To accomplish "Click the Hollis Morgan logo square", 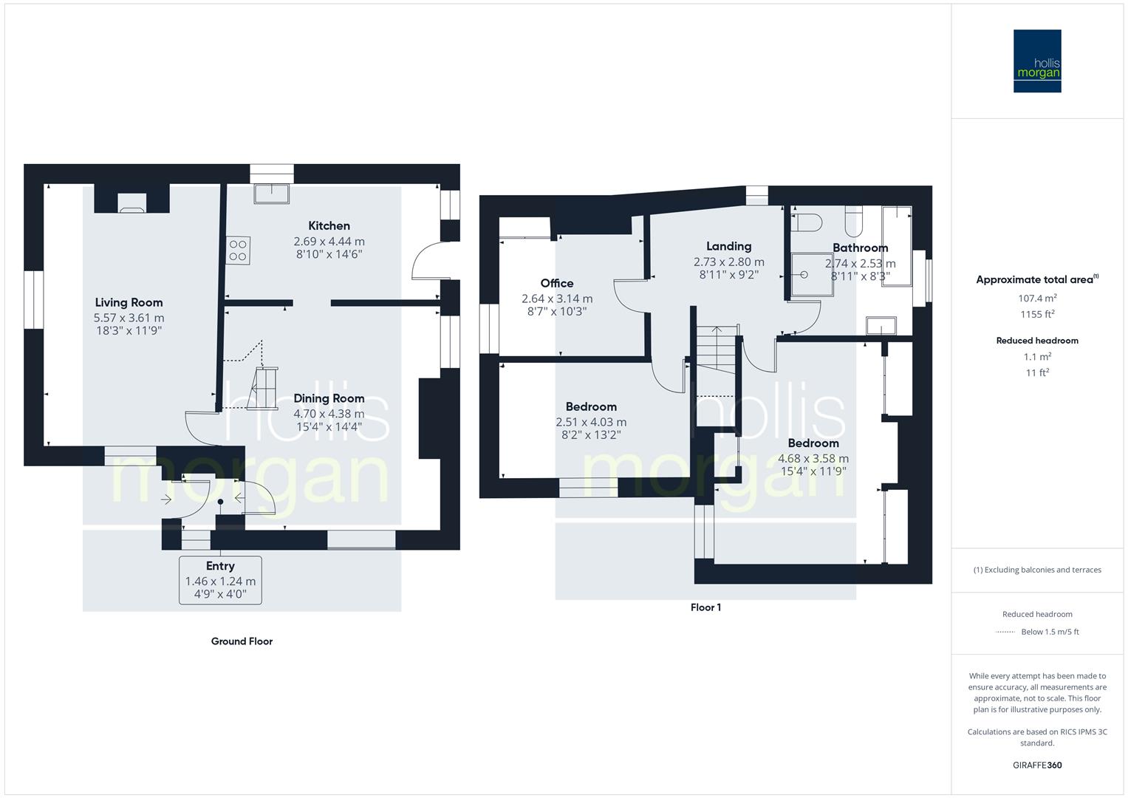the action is coord(1037,61).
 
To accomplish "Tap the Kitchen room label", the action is coord(329,225).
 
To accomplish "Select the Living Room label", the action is coord(129,302).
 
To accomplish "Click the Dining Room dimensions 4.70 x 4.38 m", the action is coord(329,414).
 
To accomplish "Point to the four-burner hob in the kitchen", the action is coord(238,250).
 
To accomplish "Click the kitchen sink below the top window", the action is coord(271,194).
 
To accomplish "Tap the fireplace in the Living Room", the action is coord(132,202).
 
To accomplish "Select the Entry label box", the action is coord(220,580).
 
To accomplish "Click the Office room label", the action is coord(557,283).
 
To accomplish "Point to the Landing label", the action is coord(728,246).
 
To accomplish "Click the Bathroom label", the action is coord(860,248).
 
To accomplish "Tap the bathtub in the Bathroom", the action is coord(897,246).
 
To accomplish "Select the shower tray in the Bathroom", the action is coord(812,275).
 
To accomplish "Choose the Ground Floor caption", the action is coord(242,641).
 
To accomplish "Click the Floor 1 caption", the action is coord(705,607).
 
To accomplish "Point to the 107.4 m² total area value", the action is coord(1037,298).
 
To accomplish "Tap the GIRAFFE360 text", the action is coord(1037,765).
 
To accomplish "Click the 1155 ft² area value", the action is coord(1037,314).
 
